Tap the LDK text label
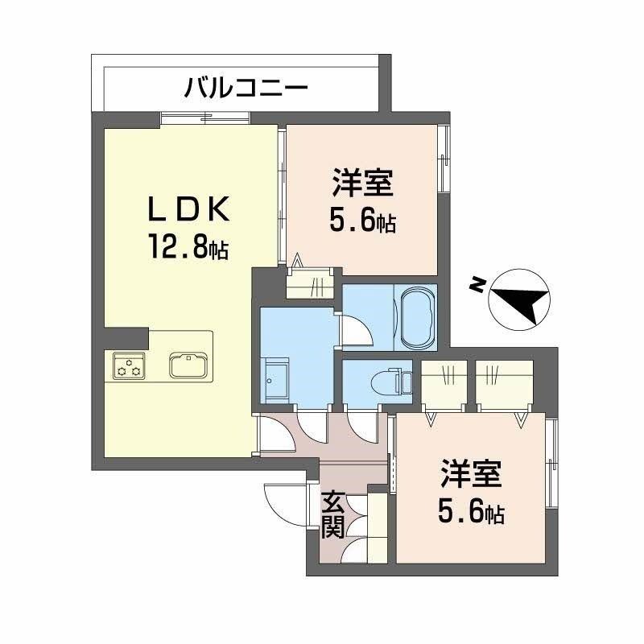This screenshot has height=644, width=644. (191, 212)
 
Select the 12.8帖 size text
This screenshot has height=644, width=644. (187, 246)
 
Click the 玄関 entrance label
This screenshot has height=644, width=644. (333, 515)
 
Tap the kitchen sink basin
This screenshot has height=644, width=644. (189, 364)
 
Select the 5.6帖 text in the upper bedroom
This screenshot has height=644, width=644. (362, 221)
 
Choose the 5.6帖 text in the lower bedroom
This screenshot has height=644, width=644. (472, 512)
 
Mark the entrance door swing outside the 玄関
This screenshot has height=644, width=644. (286, 504)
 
